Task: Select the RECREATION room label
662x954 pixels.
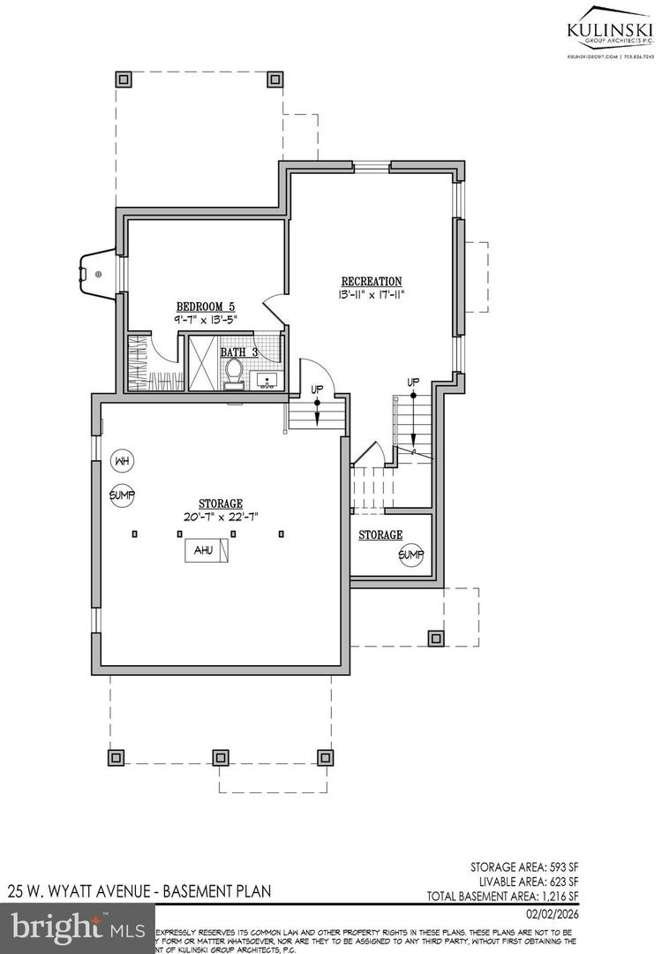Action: pyautogui.click(x=372, y=281)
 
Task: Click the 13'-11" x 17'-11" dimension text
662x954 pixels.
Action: pyautogui.click(x=372, y=294)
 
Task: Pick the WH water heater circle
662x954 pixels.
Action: pyautogui.click(x=122, y=460)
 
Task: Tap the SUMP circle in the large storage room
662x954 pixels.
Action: pyautogui.click(x=122, y=495)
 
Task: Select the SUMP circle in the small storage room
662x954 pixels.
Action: pyautogui.click(x=410, y=555)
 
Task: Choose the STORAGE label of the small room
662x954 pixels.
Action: pyautogui.click(x=380, y=535)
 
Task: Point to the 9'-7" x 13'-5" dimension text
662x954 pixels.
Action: pyautogui.click(x=206, y=320)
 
